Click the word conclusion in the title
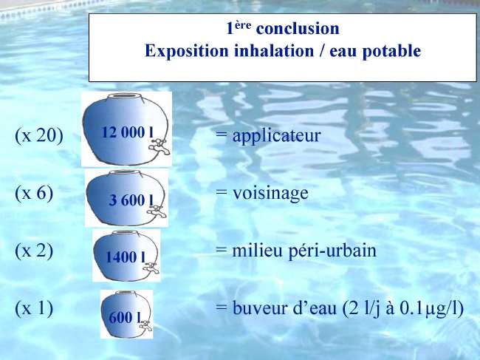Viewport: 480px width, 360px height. point(298,29)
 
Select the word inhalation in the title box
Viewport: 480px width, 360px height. point(274,51)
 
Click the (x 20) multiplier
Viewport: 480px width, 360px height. point(39,135)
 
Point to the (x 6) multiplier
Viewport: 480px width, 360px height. point(34,194)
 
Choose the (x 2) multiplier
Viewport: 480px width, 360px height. point(34,251)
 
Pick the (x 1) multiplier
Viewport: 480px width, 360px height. point(34,308)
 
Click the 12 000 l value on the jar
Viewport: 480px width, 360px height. point(127,132)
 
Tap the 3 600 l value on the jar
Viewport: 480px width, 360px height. point(131,200)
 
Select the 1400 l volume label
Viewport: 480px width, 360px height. point(126,257)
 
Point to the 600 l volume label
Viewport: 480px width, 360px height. point(126,317)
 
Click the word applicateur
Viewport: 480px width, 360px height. point(276,136)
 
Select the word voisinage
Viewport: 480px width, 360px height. point(270,194)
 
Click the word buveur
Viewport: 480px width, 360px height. point(261,308)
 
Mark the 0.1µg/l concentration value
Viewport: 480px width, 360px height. point(432,309)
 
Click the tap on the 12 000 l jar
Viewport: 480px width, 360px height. point(160,146)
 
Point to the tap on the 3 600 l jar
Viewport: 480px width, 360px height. point(157,211)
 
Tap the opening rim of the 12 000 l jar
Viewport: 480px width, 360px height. point(126,97)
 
